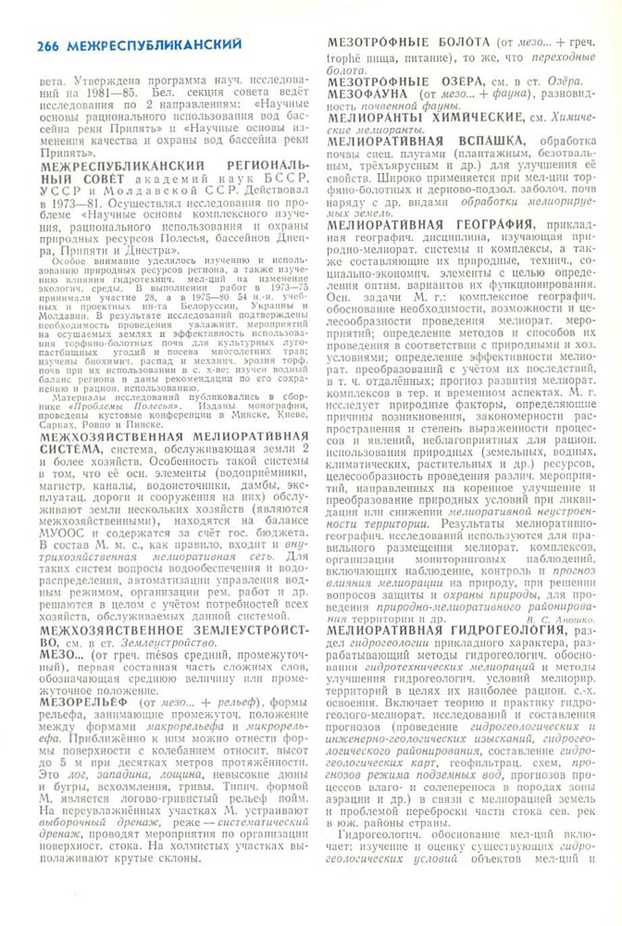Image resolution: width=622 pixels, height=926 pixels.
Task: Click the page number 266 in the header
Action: click(45, 44)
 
